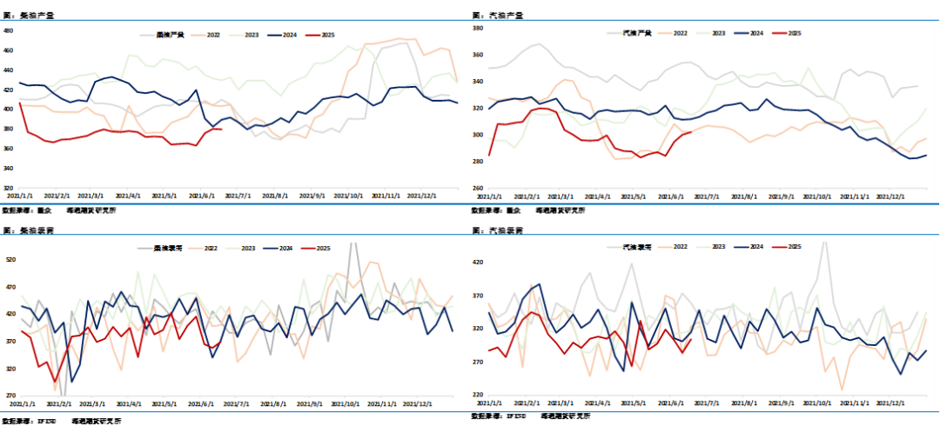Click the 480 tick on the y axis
9,30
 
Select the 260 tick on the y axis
478,188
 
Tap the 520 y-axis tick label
11,259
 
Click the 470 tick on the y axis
11,287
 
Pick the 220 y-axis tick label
478,395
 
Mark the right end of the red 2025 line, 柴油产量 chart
222,130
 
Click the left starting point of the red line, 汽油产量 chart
489,155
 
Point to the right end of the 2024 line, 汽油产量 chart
926,156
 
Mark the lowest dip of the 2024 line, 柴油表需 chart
70,382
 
